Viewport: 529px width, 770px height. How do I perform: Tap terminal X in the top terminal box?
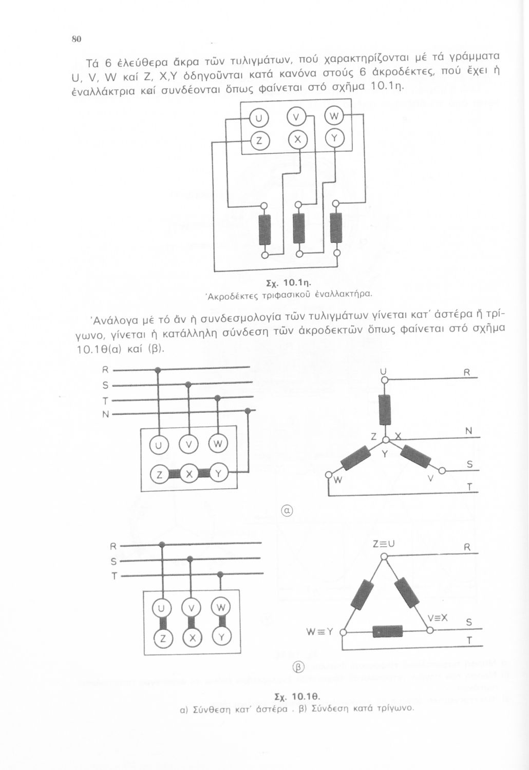click(x=297, y=140)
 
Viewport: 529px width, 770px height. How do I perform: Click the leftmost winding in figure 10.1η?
click(x=264, y=229)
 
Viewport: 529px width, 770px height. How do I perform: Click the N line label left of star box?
click(x=106, y=414)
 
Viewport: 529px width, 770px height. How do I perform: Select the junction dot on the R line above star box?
click(x=158, y=370)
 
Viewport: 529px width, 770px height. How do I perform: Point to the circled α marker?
click(x=287, y=511)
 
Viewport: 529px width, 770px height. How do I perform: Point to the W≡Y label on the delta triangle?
click(x=320, y=631)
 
